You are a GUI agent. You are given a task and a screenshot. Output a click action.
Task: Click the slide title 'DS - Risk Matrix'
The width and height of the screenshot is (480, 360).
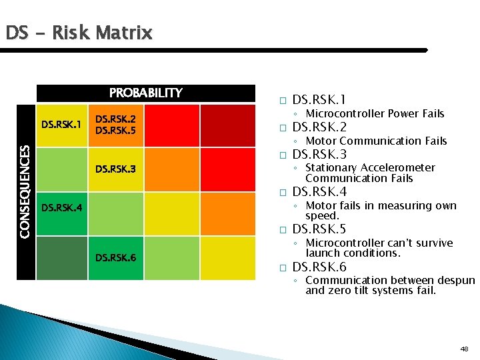click(79, 32)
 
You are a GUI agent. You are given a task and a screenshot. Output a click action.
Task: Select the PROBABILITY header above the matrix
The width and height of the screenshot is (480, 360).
click(145, 93)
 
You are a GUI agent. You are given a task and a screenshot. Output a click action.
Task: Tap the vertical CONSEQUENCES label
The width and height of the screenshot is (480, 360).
click(24, 192)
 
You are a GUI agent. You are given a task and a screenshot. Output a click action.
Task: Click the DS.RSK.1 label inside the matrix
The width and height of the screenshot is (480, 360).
click(61, 124)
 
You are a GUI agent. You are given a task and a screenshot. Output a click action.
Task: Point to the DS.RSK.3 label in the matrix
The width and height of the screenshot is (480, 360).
click(116, 169)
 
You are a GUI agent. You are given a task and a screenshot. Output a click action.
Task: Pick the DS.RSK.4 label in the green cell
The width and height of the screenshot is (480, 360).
click(61, 207)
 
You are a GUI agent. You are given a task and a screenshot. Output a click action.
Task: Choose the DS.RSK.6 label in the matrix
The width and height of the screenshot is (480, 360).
click(116, 257)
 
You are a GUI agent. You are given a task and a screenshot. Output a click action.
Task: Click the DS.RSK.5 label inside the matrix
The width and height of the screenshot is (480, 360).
click(116, 131)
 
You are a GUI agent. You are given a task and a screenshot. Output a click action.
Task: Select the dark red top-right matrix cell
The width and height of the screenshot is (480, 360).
click(227, 125)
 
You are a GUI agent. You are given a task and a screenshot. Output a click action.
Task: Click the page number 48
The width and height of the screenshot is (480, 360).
click(464, 349)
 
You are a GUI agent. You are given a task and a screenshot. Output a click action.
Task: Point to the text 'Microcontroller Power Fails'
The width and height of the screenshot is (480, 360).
click(374, 114)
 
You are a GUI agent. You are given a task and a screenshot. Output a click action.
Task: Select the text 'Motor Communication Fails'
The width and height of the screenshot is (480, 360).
click(376, 141)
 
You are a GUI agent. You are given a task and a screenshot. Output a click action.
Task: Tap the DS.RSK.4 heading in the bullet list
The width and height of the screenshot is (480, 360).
click(319, 193)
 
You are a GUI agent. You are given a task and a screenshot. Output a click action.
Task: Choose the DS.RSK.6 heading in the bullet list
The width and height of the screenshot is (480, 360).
click(319, 267)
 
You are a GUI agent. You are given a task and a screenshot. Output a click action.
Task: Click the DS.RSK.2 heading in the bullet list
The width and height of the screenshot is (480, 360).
click(319, 127)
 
